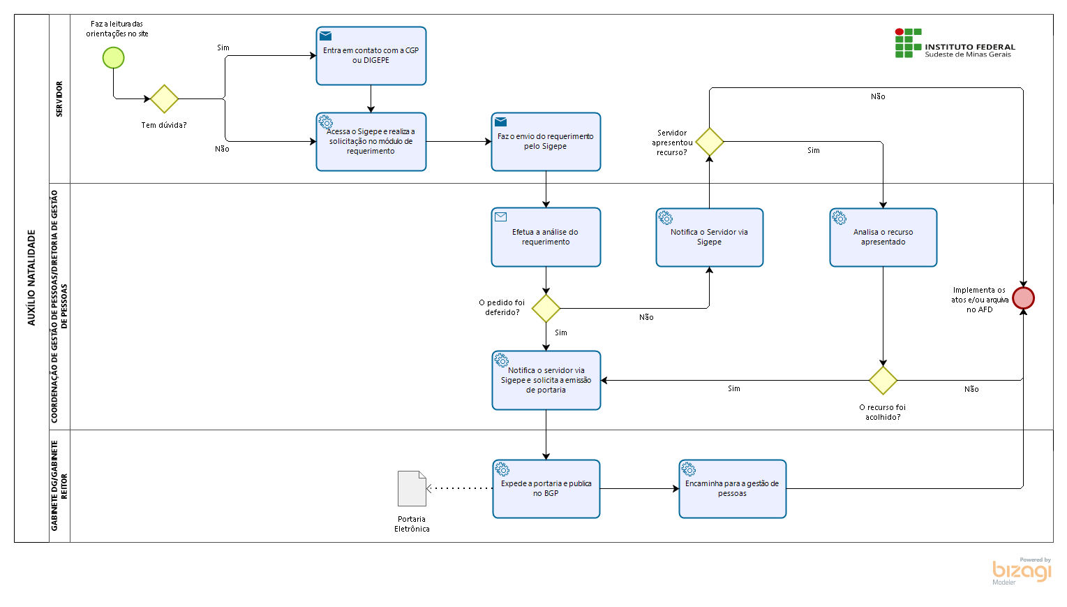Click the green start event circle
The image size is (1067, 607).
[113, 58]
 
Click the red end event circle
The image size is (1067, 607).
[1023, 298]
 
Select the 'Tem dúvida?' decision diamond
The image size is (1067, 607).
[164, 98]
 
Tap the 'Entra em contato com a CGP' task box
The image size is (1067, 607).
[371, 56]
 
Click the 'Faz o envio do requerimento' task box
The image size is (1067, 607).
[546, 142]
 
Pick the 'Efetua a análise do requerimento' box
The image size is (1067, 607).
[546, 237]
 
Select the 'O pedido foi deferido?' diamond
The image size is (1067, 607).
[546, 309]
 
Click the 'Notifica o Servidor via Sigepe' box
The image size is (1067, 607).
[709, 237]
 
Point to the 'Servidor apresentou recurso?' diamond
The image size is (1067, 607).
[709, 142]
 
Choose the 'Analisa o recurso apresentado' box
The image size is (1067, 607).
[883, 237]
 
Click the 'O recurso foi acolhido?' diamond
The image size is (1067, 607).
[883, 381]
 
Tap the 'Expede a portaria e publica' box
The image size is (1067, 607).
[546, 489]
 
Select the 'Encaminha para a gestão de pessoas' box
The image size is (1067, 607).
[733, 489]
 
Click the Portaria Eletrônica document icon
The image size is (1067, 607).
[412, 489]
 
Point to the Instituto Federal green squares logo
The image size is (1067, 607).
[908, 43]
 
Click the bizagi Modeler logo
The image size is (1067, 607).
[1022, 571]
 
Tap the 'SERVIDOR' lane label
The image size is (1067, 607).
[59, 98]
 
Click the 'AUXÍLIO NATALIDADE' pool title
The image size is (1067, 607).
[32, 277]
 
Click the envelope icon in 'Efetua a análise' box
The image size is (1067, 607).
[500, 217]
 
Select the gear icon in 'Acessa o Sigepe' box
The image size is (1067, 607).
[326, 122]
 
